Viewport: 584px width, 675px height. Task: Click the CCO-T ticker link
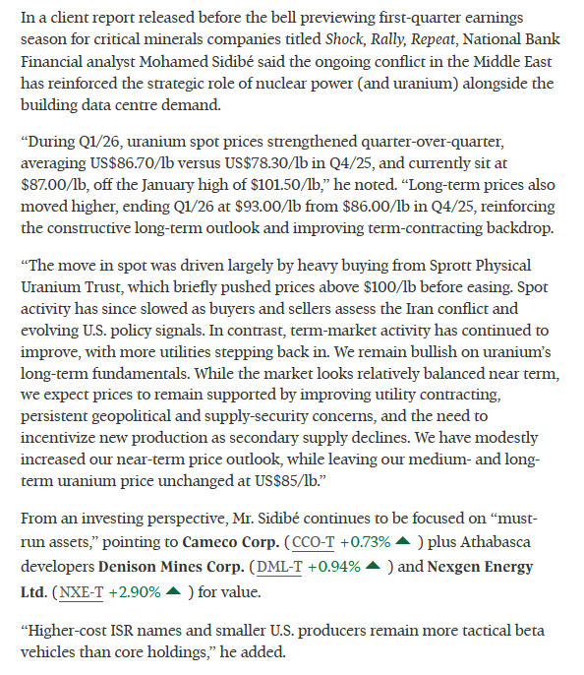[x=308, y=542]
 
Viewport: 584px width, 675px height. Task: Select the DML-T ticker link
[x=278, y=567]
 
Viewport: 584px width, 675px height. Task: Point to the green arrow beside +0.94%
[x=373, y=567]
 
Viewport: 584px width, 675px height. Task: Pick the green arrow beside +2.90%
[x=175, y=591]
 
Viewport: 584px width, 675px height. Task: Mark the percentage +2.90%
[x=133, y=591]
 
